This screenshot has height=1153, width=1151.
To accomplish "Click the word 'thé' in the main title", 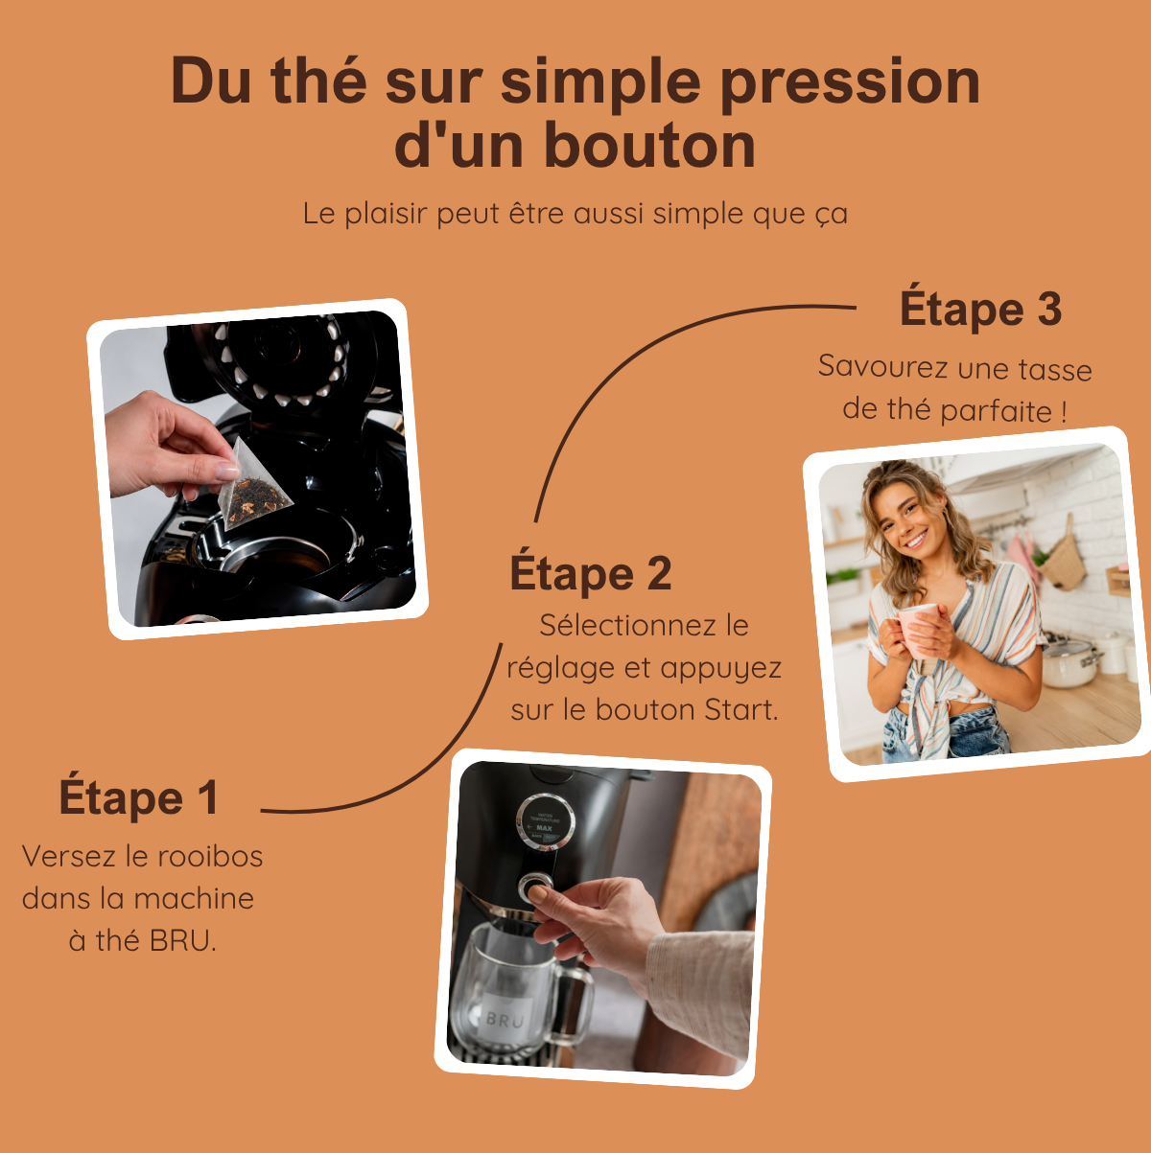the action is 318,81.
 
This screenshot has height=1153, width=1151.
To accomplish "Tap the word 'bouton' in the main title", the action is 649,146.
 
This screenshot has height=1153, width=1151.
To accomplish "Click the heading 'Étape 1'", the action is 139,797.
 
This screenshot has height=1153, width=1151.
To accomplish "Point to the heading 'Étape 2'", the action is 591,573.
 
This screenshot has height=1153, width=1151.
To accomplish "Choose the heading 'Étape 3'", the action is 980,309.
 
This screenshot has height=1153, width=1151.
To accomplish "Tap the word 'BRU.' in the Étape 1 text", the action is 182,941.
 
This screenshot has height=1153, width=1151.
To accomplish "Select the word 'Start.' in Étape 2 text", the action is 740,710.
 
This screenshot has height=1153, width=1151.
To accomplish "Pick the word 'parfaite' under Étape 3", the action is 997,411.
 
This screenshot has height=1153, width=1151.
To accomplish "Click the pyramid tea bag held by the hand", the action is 254,486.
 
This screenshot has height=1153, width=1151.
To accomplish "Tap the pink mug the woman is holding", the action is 919,631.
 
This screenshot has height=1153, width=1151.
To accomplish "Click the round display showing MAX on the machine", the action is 545,822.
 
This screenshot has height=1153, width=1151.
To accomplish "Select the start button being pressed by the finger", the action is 535,888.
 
